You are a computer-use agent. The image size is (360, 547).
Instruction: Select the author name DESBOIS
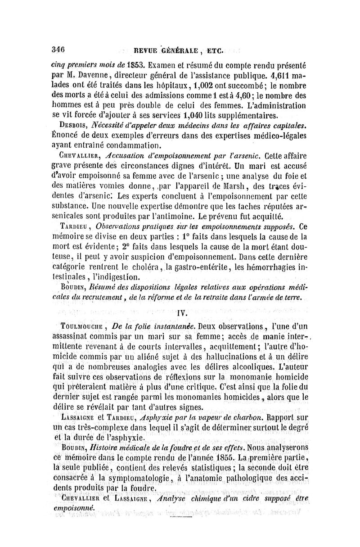74,125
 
